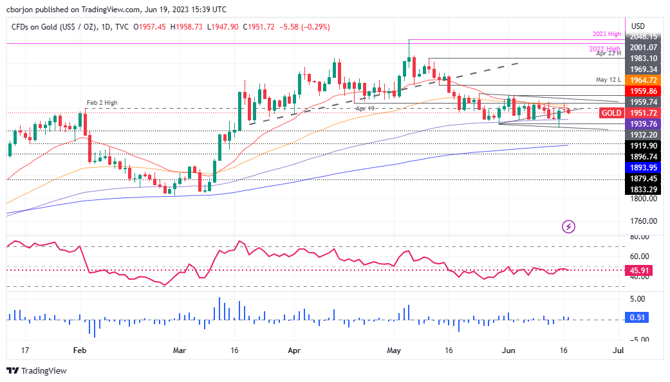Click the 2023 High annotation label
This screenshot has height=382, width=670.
pos(606,33)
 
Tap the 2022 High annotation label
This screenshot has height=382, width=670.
pos(605,49)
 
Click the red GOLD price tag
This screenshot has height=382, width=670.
pos(611,113)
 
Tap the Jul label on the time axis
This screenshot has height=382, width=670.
pos(619,350)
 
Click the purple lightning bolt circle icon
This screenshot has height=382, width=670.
pos(568,226)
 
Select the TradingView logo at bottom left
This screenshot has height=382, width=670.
pos(37,370)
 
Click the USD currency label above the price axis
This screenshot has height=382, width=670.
pos(638,26)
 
